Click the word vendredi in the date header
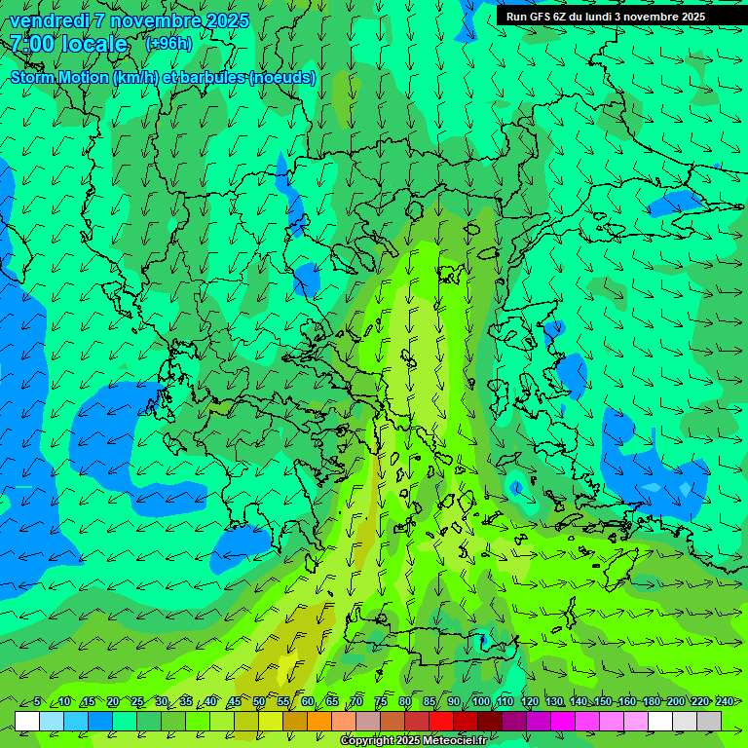coord(48,20)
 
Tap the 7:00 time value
coord(29,44)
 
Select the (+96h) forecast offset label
coord(168,44)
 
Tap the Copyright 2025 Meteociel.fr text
coord(413,741)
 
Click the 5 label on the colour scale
coord(37,701)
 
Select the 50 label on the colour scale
coord(258,701)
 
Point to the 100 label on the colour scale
coord(480,701)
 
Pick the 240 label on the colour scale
coord(725,701)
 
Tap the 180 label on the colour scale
coord(652,701)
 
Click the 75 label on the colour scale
coord(381,701)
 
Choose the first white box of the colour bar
coord(27,721)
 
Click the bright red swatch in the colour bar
coord(441,721)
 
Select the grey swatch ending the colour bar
coord(709,721)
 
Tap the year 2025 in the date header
coord(227,20)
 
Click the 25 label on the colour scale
coord(137,701)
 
